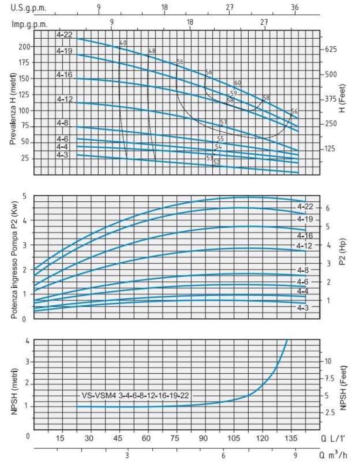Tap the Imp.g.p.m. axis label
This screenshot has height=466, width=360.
pyautogui.click(x=29, y=25)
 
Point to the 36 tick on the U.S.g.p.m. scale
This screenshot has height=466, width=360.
pyautogui.click(x=295, y=7)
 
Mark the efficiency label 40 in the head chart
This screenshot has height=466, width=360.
pyautogui.click(x=123, y=43)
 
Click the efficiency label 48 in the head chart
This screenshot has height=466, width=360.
pyautogui.click(x=152, y=50)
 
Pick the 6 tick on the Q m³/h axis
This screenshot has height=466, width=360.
pyautogui.click(x=223, y=456)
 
